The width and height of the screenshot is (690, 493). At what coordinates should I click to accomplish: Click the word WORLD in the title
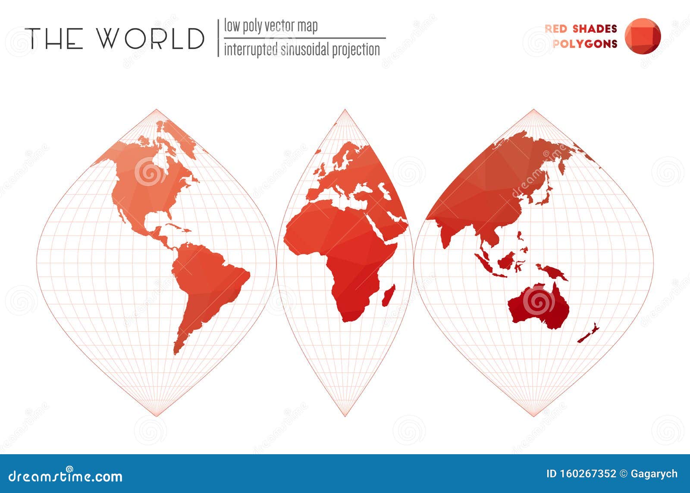[150, 38]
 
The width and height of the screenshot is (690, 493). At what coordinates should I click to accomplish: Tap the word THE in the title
[54, 38]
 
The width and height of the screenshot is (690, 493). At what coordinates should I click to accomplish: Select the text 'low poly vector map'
[270, 26]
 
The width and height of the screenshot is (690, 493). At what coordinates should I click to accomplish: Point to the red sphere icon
[643, 36]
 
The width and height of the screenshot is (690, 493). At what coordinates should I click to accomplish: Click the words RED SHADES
[580, 28]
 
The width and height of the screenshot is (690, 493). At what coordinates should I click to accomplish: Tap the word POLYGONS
[585, 44]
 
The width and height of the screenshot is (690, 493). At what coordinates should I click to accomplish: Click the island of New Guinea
[554, 272]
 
